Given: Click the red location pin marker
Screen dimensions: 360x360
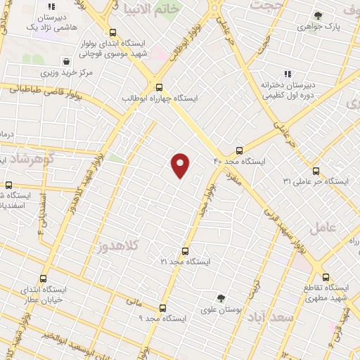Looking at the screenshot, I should (181, 165).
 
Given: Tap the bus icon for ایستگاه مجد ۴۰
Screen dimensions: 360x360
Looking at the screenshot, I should (239, 150).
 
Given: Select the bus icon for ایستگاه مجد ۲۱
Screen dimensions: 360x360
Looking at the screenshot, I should (185, 250).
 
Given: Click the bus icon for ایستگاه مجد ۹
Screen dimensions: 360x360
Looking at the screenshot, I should (163, 308).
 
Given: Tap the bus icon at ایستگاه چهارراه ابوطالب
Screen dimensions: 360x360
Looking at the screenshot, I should (159, 88).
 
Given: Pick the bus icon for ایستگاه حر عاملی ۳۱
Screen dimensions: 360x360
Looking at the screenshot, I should (315, 170).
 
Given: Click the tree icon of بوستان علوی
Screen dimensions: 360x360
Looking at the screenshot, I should (220, 298).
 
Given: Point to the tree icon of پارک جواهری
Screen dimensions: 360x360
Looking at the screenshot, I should (319, 15).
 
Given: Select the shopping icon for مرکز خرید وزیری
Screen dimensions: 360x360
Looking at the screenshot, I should (66, 62).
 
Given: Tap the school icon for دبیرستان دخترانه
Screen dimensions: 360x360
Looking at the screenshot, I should (286, 73).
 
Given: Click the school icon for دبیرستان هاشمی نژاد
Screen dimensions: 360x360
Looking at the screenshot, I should (49, 6).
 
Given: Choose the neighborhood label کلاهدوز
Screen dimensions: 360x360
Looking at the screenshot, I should (119, 245).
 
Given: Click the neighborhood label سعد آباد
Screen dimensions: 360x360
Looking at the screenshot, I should (267, 318).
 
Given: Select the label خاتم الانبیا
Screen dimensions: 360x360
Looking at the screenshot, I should (148, 9).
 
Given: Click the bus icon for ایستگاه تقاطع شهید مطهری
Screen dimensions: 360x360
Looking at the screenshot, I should (325, 277).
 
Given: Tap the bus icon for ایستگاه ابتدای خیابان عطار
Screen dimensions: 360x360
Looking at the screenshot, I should (44, 278).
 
